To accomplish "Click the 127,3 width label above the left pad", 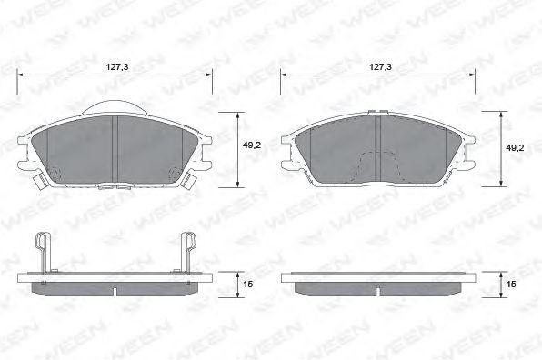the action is [x=116, y=67].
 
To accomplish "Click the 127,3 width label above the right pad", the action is [x=380, y=67].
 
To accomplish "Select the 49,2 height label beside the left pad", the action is [x=252, y=145].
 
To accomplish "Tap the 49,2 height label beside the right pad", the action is [x=515, y=148].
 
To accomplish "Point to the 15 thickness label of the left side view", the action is [x=248, y=284].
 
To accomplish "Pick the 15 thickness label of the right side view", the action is [x=511, y=284].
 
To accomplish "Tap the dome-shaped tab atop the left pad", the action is [x=115, y=107].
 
